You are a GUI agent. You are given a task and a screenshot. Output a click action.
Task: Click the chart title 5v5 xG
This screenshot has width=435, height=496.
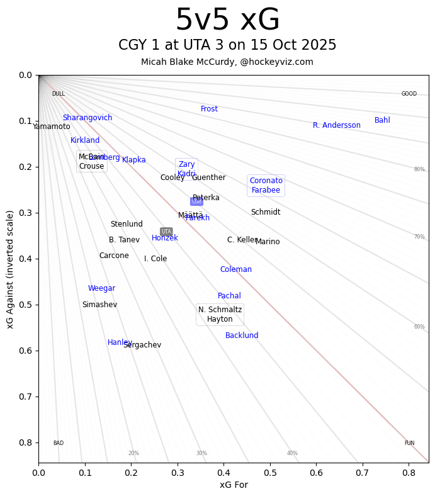click(x=227, y=21)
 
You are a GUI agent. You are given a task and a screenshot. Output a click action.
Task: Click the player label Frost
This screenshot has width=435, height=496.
click(x=209, y=109)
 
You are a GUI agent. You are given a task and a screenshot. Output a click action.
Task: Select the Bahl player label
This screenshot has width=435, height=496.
click(x=382, y=120)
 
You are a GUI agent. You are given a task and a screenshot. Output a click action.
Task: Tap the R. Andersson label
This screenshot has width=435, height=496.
click(x=337, y=125)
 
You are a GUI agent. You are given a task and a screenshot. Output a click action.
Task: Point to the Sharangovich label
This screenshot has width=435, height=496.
click(x=88, y=118)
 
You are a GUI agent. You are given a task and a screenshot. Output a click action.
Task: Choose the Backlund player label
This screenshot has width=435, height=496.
click(x=242, y=335)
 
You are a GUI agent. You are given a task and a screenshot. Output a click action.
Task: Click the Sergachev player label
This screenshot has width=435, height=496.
click(x=142, y=345)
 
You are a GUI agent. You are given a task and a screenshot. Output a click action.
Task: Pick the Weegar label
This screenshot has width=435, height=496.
click(x=101, y=288)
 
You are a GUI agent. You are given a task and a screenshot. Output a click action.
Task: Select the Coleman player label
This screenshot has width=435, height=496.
click(x=236, y=269)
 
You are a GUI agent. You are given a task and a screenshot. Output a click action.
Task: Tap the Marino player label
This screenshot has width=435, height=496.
click(x=268, y=242)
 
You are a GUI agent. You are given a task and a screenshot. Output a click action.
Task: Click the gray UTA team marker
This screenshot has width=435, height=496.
click(x=166, y=232)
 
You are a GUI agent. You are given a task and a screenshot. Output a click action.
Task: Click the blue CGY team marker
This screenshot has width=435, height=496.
click(x=196, y=201)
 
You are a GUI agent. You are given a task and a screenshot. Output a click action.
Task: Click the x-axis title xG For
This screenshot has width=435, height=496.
click(x=234, y=485)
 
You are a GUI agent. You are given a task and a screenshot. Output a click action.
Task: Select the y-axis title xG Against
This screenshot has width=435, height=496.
click(x=10, y=269)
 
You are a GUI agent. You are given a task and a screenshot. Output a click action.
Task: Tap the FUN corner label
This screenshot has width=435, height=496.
click(x=409, y=443)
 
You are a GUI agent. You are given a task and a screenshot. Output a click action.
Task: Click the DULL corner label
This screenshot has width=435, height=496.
click(x=58, y=94)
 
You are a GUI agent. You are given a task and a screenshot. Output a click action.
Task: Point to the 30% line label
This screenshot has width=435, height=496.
click(x=201, y=453)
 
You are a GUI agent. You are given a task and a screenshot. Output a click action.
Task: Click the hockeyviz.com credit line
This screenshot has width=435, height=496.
click(x=227, y=62)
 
